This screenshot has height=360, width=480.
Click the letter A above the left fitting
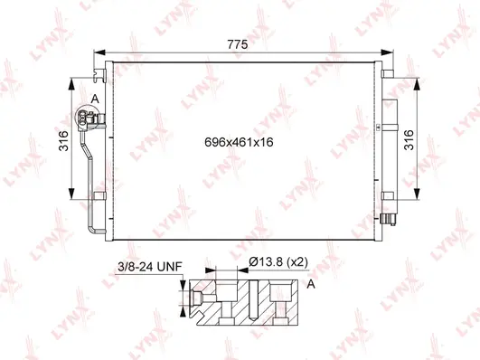(x=93, y=99)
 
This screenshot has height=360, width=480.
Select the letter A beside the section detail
(x=312, y=284)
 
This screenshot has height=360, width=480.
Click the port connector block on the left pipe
(x=91, y=118)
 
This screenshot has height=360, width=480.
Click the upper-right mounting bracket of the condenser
(x=389, y=74)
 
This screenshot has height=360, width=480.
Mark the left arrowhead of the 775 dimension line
(x=97, y=52)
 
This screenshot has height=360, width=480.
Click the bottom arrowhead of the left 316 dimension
(x=72, y=199)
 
